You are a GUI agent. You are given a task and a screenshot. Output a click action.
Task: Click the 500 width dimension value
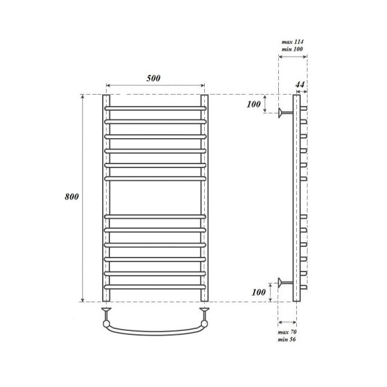point(155,78)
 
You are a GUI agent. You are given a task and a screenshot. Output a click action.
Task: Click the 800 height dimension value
point(72,198)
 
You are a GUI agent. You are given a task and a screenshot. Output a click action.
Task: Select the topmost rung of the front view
point(155,108)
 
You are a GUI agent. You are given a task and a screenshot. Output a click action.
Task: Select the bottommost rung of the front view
point(155,288)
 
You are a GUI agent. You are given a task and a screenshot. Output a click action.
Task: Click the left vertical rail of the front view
point(105,198)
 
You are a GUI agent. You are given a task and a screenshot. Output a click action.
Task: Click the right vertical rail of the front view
point(205,198)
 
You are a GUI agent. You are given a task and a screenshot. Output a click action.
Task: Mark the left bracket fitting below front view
point(105,311)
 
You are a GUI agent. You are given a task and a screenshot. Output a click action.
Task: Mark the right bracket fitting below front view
point(205,311)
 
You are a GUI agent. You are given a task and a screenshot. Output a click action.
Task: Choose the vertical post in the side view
point(296,198)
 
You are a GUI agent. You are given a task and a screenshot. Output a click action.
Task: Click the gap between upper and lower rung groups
point(155,198)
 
